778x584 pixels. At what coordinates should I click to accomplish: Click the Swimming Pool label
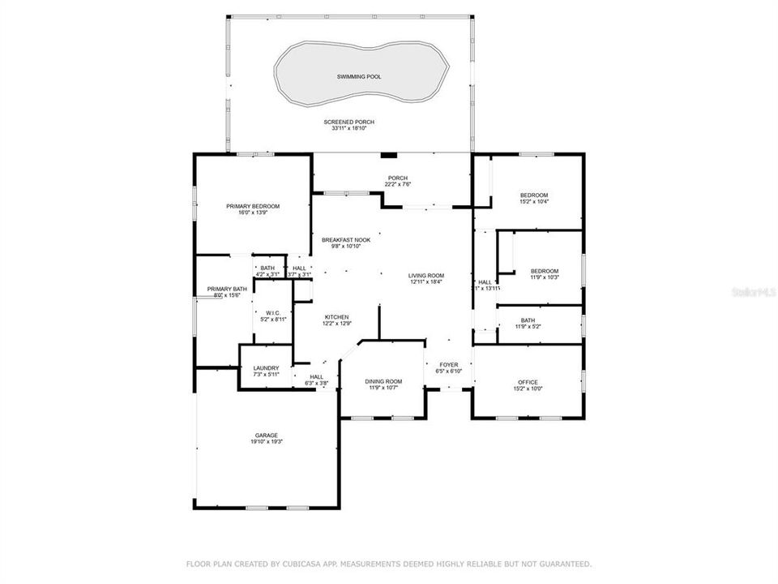click(359, 77)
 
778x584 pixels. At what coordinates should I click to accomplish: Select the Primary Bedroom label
click(253, 206)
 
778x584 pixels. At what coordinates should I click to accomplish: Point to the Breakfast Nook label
click(346, 240)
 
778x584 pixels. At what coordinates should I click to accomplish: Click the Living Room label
click(426, 276)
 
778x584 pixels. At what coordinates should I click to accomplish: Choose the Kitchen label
click(336, 316)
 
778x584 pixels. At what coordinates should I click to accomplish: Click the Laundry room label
click(266, 368)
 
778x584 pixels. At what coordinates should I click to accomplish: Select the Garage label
click(267, 436)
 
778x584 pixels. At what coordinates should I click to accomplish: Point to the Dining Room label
click(383, 381)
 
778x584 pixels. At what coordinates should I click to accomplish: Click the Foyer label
click(449, 365)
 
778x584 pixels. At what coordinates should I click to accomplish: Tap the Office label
click(528, 382)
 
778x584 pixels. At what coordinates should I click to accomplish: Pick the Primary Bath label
click(226, 289)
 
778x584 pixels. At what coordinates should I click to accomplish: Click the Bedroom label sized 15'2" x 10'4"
click(534, 195)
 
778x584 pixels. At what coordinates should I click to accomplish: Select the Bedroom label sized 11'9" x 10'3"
click(545, 271)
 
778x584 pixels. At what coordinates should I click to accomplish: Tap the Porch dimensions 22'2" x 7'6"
click(398, 184)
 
